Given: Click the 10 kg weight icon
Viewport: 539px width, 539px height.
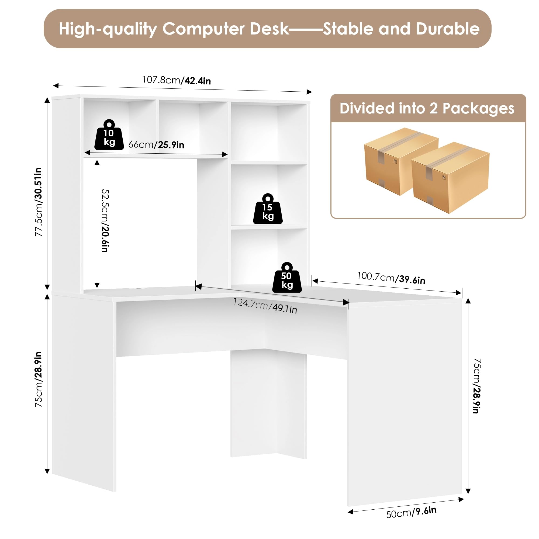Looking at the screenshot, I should pos(109,135).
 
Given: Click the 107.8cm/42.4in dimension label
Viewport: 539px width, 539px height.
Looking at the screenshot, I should pos(177,80).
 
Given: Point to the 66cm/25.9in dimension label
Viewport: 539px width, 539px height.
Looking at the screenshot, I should pos(156,144).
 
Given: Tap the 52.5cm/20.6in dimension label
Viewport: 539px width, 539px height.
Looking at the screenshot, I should pos(105,220).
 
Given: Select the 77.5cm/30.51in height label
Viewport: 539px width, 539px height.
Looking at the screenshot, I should pos(39,202).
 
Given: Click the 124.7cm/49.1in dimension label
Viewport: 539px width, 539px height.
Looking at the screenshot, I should pos(265,306).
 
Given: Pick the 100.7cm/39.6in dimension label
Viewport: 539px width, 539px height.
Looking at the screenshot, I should pos(391,278).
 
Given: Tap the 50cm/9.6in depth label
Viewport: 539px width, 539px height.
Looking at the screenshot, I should pos(411,512).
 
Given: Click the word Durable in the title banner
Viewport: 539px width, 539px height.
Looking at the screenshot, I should pos(447,29).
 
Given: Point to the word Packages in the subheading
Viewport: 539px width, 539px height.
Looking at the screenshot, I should pos(478,109).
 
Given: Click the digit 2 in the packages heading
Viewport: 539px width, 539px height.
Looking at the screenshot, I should pos(433,109).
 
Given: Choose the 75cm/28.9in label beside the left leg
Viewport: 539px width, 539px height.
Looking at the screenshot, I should pos(39,379).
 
